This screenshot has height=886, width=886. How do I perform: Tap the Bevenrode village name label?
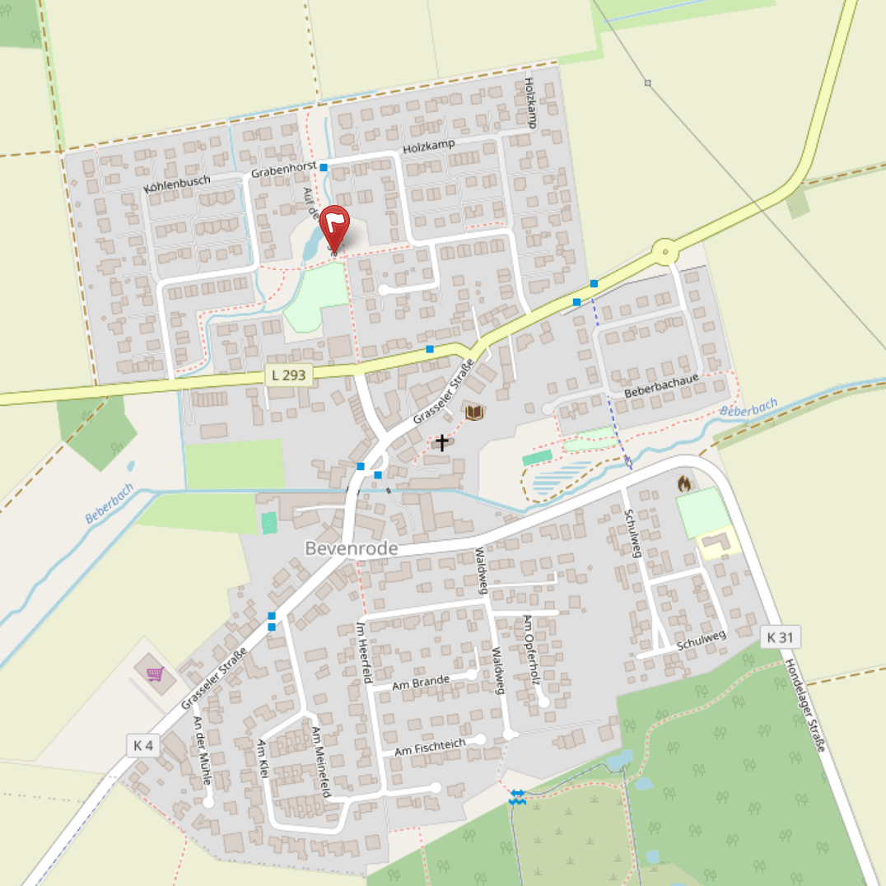[351, 548]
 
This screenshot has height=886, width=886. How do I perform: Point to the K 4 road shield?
[143, 746]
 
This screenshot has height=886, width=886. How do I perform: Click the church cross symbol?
[442, 443]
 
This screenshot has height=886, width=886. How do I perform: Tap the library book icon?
[474, 412]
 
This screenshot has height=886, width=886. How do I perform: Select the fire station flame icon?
[683, 484]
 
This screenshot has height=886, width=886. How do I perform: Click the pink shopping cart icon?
[154, 674]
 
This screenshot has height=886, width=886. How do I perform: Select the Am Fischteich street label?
[430, 747]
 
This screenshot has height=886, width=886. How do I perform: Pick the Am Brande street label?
[421, 681]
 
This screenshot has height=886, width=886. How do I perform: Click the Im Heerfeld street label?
[364, 653]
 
